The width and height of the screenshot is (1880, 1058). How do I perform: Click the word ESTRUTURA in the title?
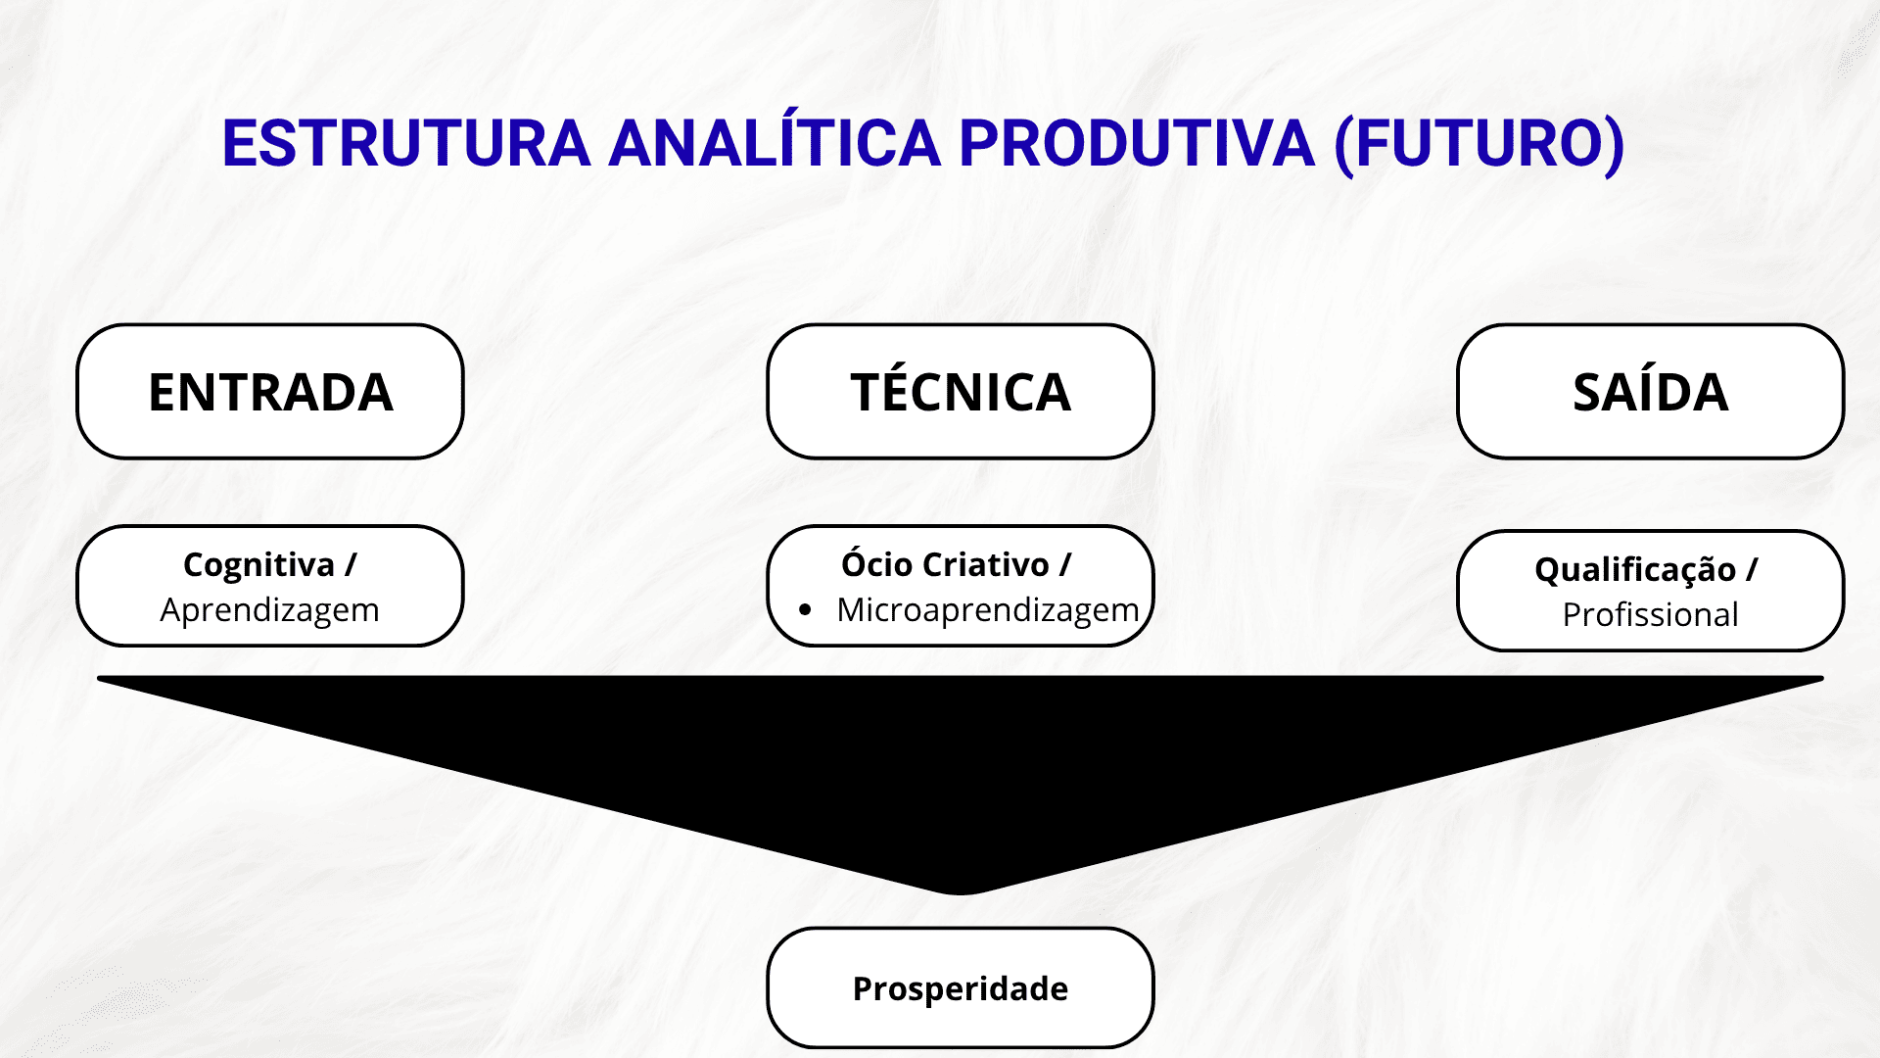point(406,143)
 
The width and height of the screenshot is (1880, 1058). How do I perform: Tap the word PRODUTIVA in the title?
point(1137,143)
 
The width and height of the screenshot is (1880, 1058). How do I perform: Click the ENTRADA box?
point(270,392)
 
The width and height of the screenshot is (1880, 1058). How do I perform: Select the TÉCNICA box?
point(961,392)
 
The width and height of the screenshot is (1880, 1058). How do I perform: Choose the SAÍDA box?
point(1651,392)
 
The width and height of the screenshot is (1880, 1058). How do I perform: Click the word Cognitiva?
point(258,566)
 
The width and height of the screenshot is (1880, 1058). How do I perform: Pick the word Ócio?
point(877,563)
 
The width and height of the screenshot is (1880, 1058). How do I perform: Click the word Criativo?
point(986,564)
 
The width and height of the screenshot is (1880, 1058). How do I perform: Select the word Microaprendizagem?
point(987,610)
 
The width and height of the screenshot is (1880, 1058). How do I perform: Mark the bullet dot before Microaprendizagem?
point(805,609)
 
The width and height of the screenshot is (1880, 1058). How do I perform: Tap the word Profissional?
point(1651,615)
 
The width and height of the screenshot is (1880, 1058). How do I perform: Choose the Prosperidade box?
point(961,987)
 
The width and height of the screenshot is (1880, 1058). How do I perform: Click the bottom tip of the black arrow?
point(961,894)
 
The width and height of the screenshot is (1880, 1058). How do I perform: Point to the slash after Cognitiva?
point(351,566)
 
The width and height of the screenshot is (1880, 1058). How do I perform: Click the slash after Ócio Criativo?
point(1065,565)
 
